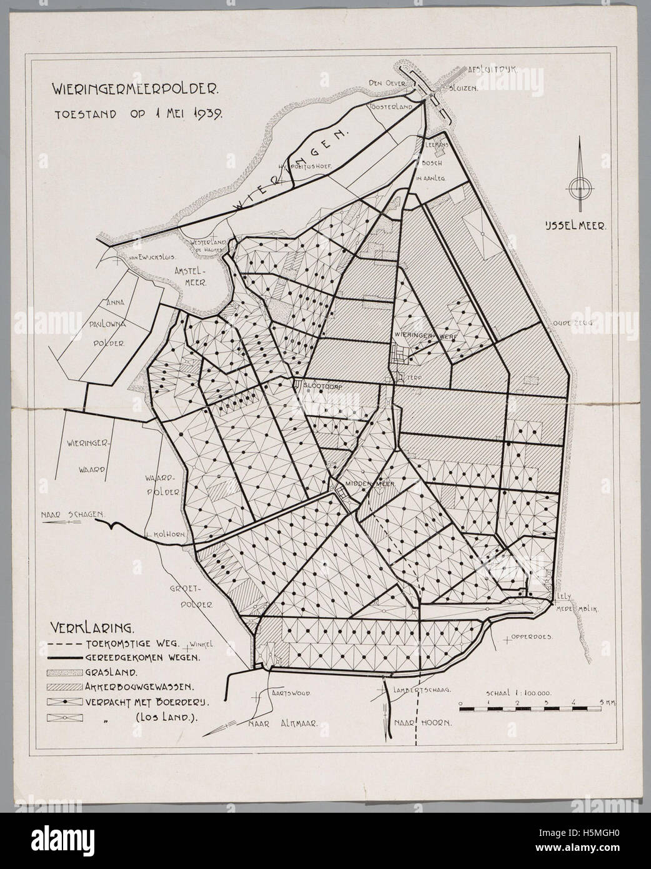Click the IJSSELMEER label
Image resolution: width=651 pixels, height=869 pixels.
click(x=575, y=228)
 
